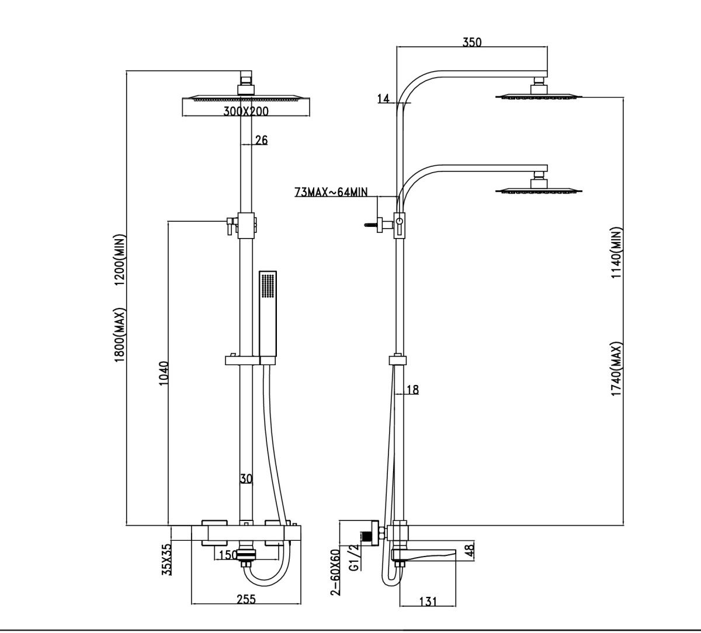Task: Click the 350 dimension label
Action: coord(471,42)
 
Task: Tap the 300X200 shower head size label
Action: coord(246,111)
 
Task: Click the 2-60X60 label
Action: coord(335,572)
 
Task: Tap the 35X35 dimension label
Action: coord(166,559)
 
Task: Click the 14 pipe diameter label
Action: coord(383,99)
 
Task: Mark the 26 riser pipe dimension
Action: coord(261,139)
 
